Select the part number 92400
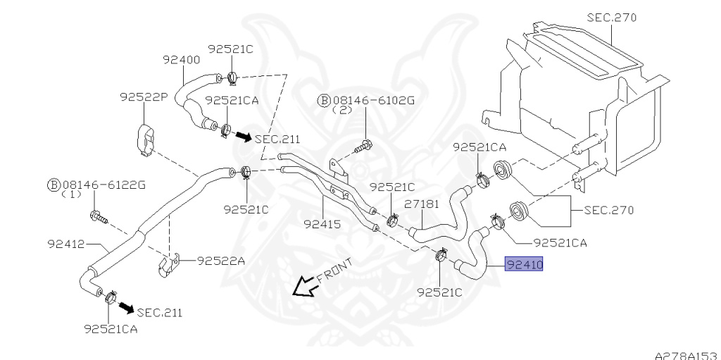click(182, 60)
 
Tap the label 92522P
click(143, 97)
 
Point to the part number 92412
click(66, 244)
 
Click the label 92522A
click(221, 261)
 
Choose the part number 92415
click(322, 225)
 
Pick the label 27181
click(422, 204)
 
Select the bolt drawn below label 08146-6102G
click(365, 148)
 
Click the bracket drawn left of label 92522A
click(166, 266)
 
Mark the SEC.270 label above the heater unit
click(610, 17)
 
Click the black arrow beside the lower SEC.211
click(126, 308)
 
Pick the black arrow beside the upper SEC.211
click(243, 135)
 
